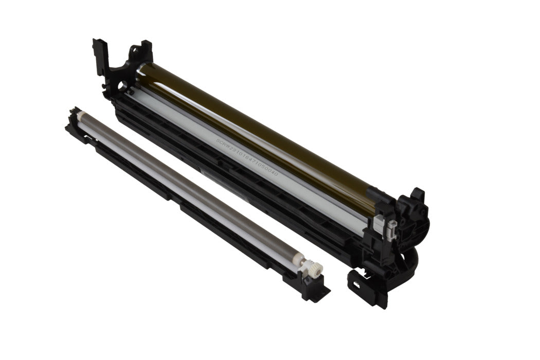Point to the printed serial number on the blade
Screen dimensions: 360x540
(247, 156)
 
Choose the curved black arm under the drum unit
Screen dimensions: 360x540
(406, 257)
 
